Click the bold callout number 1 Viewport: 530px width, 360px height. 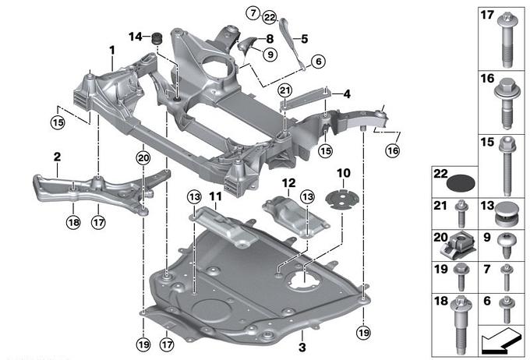(x=112, y=49)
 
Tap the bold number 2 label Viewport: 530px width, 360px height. (x=57, y=157)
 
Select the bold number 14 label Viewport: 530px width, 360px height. (x=135, y=36)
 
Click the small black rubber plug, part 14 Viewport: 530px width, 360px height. (x=154, y=37)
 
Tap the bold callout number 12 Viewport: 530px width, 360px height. (x=288, y=183)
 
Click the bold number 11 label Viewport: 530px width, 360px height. (x=215, y=196)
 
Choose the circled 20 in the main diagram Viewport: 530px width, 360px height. (x=143, y=158)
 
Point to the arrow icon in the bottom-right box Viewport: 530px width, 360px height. (x=500, y=339)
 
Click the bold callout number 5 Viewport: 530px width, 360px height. (x=304, y=37)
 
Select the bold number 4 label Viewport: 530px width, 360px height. (x=347, y=94)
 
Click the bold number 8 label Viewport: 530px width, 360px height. (x=269, y=37)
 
